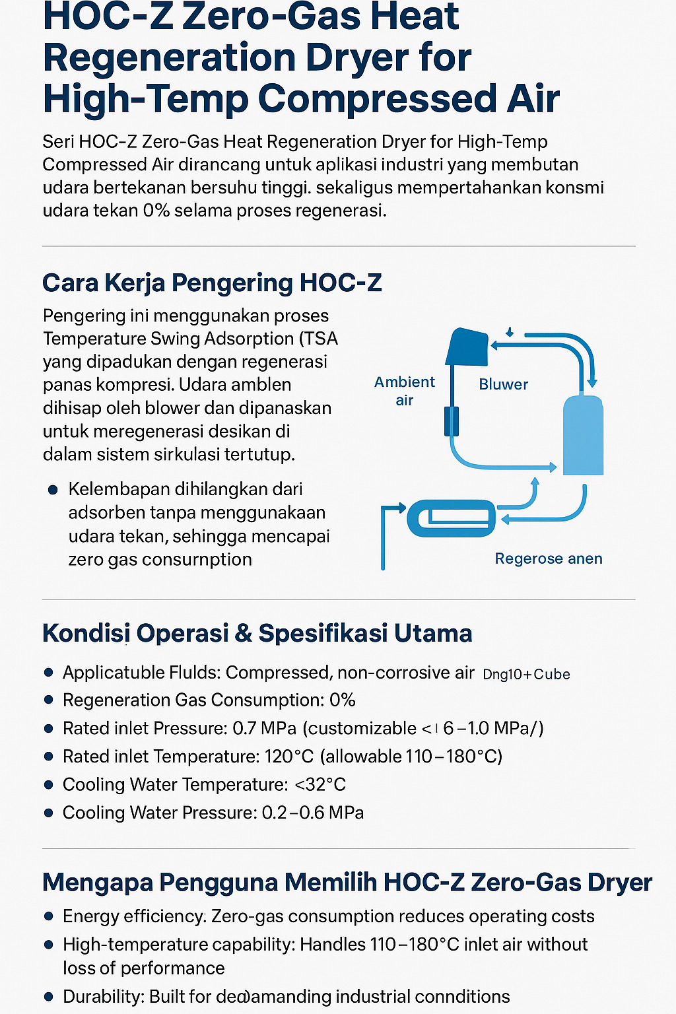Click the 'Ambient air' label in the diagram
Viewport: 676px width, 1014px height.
click(x=404, y=391)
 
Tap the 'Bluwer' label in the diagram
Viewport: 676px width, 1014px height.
click(x=503, y=384)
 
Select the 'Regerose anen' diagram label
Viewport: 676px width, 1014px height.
click(x=548, y=558)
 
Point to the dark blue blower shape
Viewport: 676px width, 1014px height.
click(x=467, y=347)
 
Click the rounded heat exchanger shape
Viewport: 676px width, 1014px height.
click(x=452, y=518)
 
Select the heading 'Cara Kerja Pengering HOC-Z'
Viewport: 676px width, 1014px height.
click(x=212, y=283)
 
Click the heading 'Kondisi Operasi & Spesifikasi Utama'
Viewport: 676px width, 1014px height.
click(x=257, y=632)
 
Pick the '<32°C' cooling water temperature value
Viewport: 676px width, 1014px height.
click(x=320, y=784)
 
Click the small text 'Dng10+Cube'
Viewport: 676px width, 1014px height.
click(x=526, y=674)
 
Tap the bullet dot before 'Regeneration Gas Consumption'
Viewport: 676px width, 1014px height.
click(x=48, y=700)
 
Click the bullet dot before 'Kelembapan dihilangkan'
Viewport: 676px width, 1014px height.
click(x=53, y=490)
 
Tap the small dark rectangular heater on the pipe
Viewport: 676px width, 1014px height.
click(x=451, y=421)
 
